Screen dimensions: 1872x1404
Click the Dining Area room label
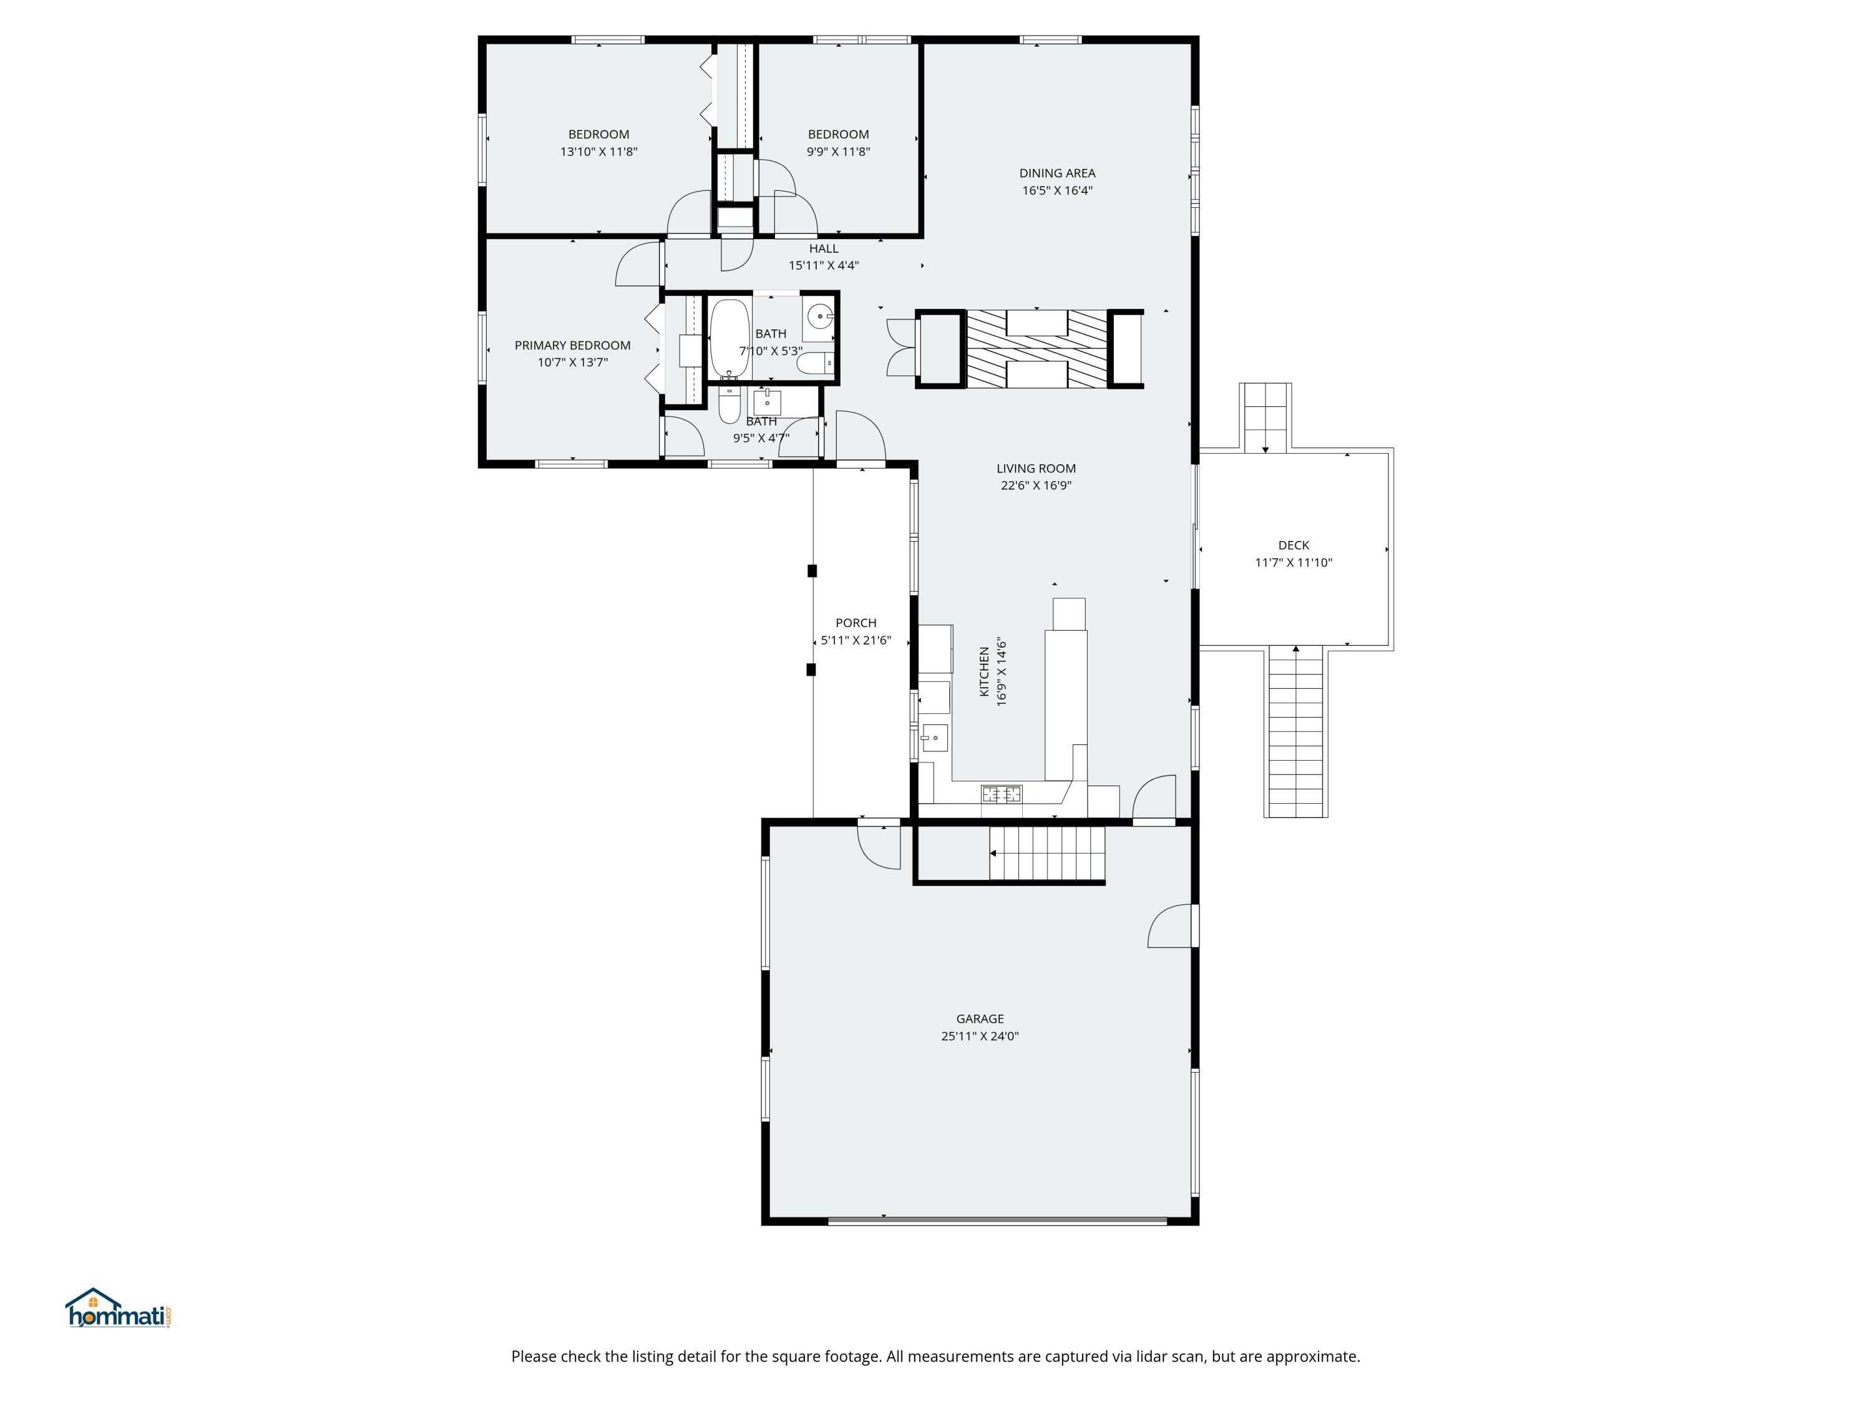point(1057,173)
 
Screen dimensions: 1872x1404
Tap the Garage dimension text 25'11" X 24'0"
point(980,1036)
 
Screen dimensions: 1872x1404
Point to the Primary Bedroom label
point(572,345)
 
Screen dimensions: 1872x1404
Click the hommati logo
point(119,1309)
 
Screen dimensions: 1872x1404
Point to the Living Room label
point(1036,468)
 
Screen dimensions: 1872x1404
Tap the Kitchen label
point(984,672)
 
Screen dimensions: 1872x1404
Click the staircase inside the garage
point(1048,853)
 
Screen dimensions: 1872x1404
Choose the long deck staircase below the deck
point(1295,731)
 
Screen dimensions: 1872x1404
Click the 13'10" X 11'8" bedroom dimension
point(598,152)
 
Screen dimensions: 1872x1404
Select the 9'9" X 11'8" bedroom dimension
point(838,152)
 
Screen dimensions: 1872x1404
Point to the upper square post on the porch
point(812,570)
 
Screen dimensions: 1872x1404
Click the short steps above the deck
point(1265,417)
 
